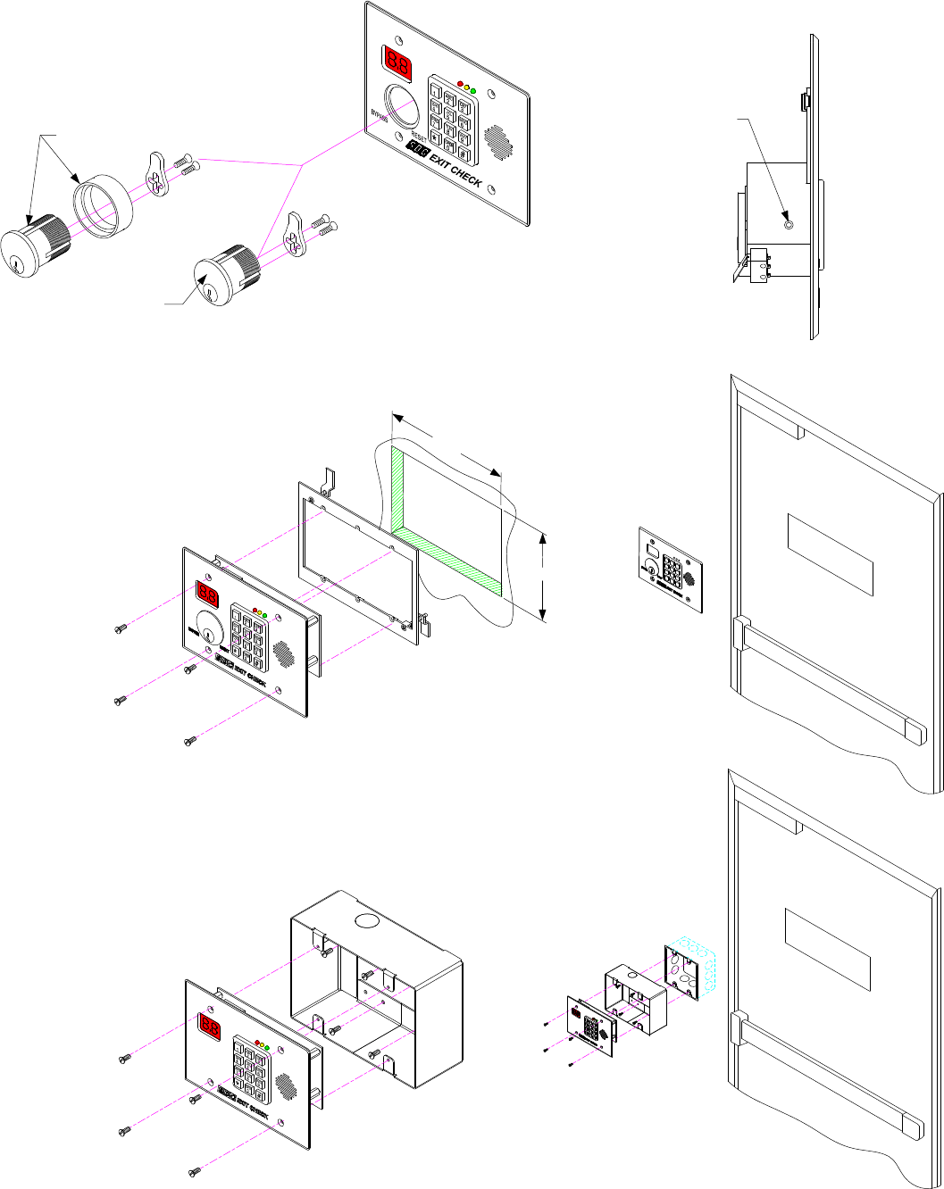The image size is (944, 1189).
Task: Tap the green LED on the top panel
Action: [472, 91]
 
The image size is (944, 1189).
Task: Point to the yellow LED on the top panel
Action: [466, 87]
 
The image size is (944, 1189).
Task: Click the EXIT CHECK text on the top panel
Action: [455, 170]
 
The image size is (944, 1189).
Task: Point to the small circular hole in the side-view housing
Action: [788, 224]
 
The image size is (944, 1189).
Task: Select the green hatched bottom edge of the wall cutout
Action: [447, 562]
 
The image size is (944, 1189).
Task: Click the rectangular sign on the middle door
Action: [830, 554]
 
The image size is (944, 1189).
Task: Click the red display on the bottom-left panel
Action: [209, 1027]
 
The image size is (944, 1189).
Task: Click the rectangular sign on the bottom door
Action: [827, 951]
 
